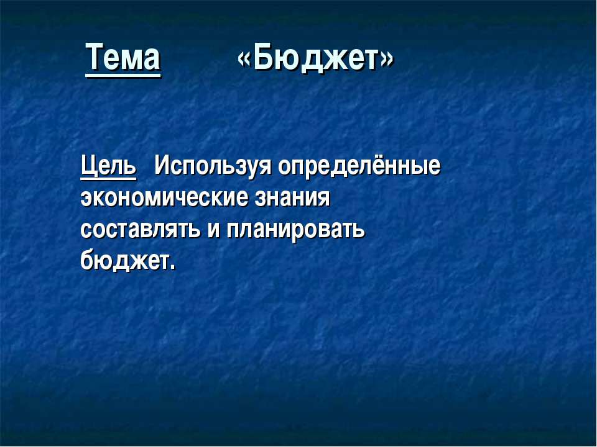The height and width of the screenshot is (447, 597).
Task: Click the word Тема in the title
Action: [123, 57]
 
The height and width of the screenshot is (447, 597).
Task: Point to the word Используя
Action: [213, 166]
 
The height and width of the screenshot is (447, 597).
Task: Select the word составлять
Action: [141, 229]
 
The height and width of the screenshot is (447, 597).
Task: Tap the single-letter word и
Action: [214, 230]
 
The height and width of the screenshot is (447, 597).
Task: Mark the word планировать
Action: [296, 230]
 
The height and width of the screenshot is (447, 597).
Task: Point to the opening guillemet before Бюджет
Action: [245, 60]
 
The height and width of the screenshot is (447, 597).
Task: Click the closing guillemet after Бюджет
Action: [387, 60]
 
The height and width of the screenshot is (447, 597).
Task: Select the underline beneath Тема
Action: [123, 76]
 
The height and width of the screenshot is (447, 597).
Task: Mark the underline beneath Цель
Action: [108, 177]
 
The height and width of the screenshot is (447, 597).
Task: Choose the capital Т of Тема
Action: [95, 56]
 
